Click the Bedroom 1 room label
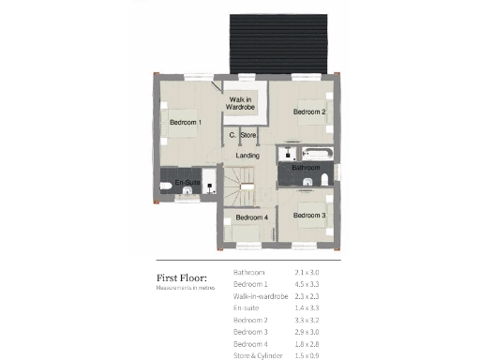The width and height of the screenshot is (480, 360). [x=186, y=123]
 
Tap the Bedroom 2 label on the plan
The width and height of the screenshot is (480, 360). [x=309, y=112]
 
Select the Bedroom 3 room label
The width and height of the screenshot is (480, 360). [x=309, y=216]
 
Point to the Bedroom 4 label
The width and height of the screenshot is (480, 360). [x=251, y=217]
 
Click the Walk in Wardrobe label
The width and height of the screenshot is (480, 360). [x=240, y=103]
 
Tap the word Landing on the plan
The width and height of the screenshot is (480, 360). [x=247, y=155]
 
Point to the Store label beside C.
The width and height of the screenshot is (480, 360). [x=248, y=136]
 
